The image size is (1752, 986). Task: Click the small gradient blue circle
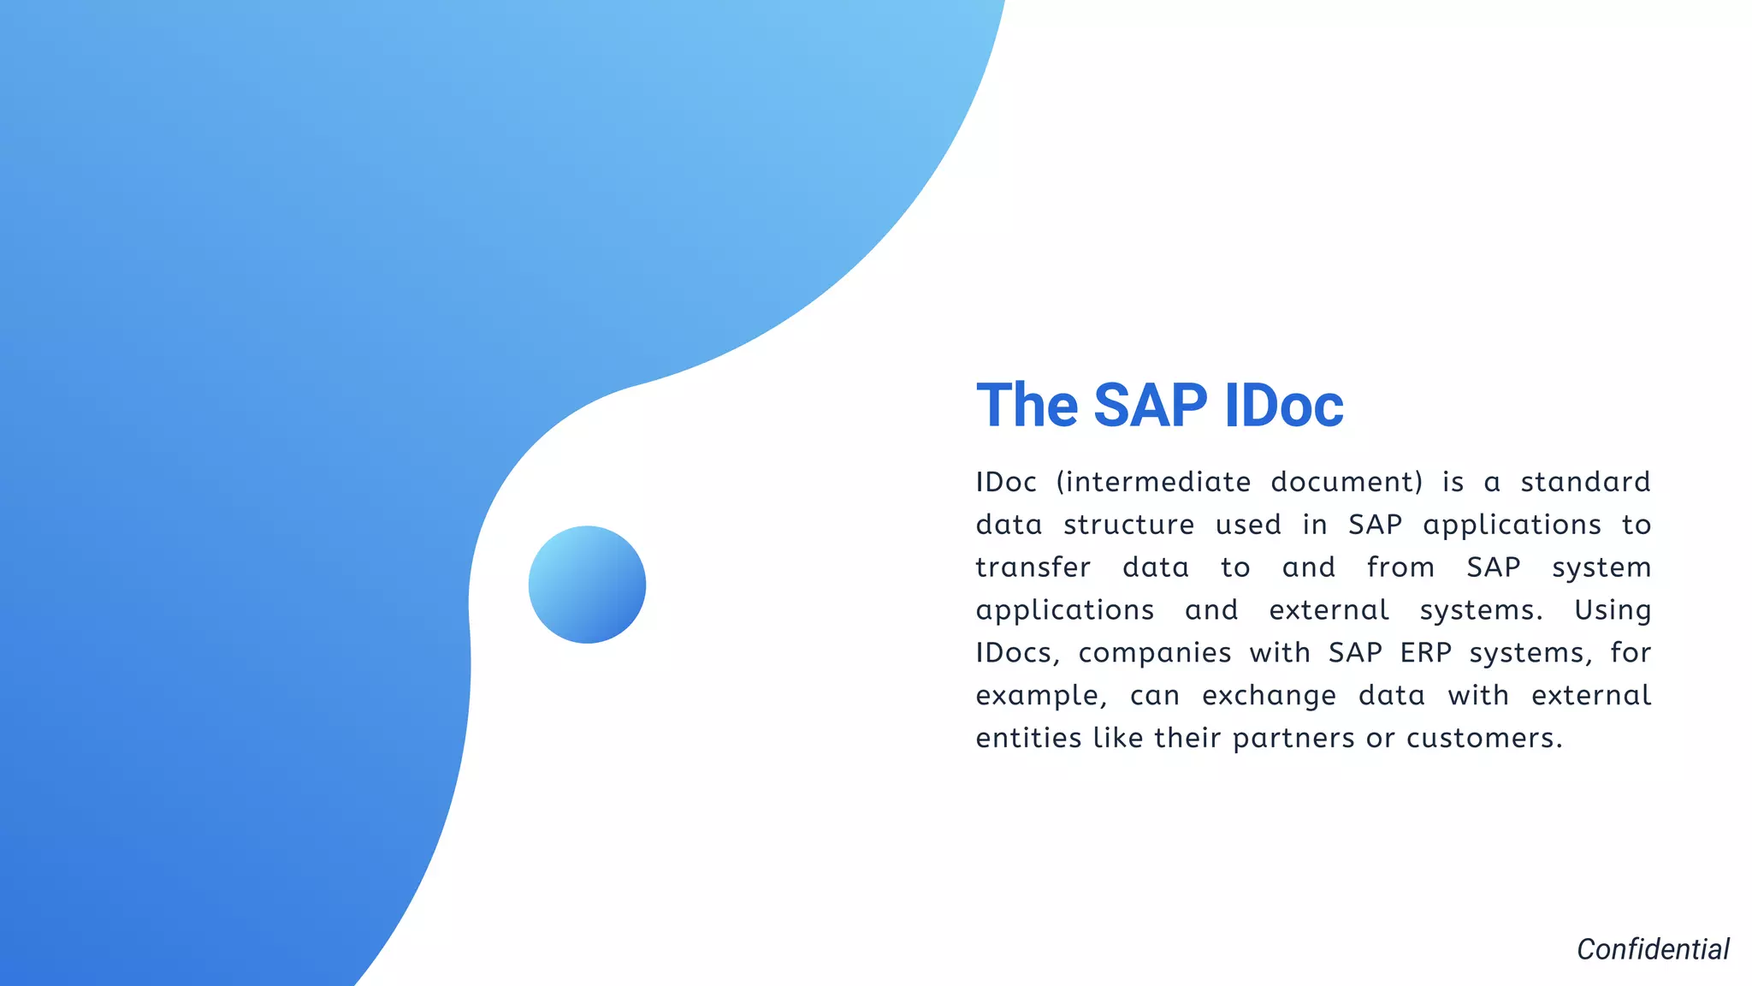pos(587,585)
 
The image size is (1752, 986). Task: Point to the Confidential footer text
pos(1653,949)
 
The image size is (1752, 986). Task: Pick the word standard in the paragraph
pos(1585,482)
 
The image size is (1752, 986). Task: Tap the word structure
pos(1128,525)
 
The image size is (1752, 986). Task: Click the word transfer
pos(1033,567)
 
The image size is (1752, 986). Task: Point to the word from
pos(1400,567)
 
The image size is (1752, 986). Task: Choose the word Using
pos(1613,610)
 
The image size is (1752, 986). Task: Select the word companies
pos(1155,653)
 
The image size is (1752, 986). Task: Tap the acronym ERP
pos(1426,653)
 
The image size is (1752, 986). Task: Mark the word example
pos(1040,696)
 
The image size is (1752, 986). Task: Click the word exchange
pos(1269,696)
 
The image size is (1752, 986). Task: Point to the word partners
pos(1293,738)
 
